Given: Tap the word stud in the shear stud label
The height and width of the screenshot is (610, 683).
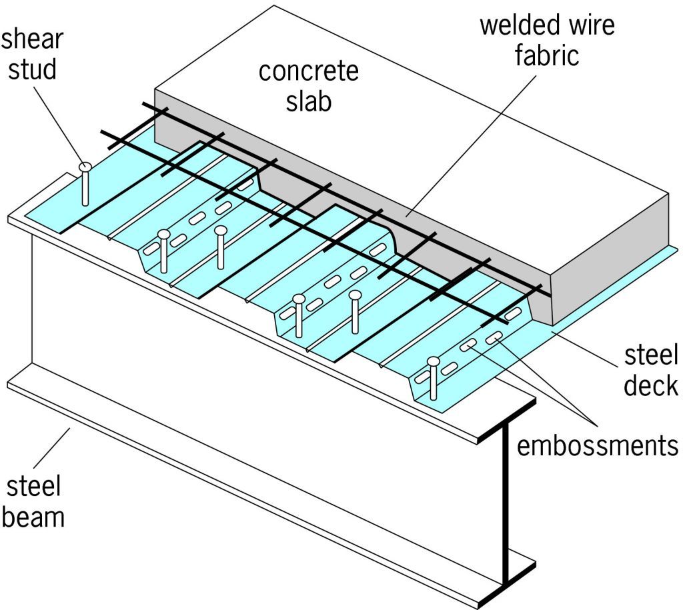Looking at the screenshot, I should (x=31, y=69).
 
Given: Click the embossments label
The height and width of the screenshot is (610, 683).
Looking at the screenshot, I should (x=597, y=445).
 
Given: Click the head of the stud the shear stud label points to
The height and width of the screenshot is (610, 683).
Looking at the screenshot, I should (x=84, y=167).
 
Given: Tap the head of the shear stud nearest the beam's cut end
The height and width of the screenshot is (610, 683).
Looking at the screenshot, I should (x=434, y=362).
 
